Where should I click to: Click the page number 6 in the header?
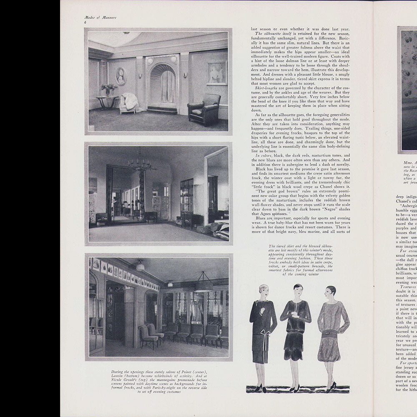85,22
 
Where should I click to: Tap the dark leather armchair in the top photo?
204,109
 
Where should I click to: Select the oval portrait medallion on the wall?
121,76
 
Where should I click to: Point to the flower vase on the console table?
108,89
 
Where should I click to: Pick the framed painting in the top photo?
217,73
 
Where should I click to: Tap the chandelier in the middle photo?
141,163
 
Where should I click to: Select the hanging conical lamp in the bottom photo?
203,284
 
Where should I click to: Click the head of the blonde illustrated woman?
263,291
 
